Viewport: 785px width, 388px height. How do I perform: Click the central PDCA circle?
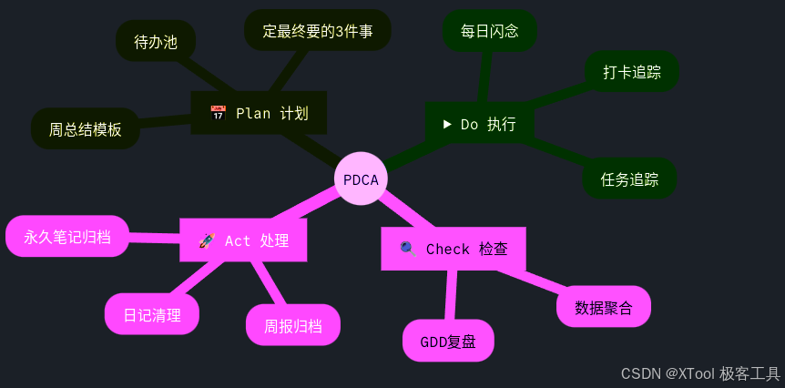tap(361, 179)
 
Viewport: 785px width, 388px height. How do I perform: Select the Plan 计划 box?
tap(259, 113)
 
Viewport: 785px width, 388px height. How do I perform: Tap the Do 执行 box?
tap(479, 124)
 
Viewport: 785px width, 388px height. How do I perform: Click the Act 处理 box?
tap(243, 240)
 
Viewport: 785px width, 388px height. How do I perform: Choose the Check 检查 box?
tap(453, 249)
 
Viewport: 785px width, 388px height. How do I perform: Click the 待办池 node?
tap(156, 42)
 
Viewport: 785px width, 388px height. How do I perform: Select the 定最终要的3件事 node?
tap(317, 31)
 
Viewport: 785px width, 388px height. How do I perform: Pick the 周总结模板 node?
tap(85, 129)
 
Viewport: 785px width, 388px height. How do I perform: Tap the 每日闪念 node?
tap(489, 31)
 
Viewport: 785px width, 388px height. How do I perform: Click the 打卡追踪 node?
tap(631, 72)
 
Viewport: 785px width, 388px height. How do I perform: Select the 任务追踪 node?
tap(629, 179)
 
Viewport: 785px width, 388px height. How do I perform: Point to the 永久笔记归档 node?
tap(67, 237)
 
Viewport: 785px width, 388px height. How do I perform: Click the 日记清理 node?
tap(152, 315)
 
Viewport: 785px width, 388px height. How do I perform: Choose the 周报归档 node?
tap(292, 325)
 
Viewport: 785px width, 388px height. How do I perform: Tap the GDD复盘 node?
tap(448, 342)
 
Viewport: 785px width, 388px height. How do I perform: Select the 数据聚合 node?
tap(603, 307)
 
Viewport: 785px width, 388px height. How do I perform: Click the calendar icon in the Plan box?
tap(218, 113)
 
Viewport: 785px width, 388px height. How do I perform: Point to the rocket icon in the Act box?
tap(207, 240)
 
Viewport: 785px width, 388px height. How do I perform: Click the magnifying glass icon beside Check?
tap(408, 249)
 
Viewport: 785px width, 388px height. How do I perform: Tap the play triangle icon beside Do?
tap(447, 123)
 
